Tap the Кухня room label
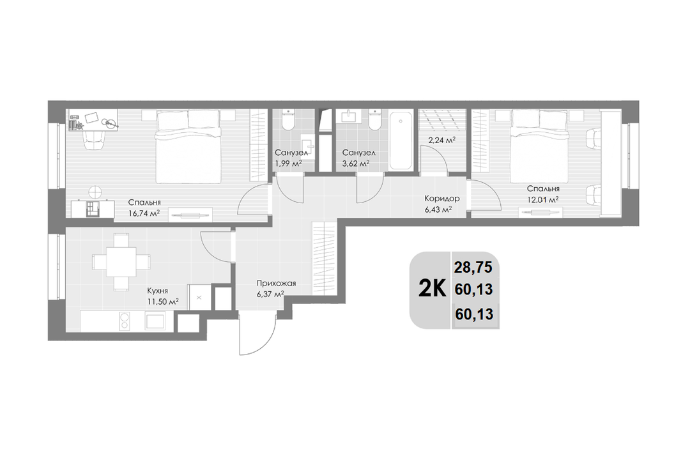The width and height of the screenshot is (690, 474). [x=158, y=291]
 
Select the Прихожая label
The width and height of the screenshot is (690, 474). [x=277, y=284]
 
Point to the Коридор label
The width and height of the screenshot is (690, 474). [x=442, y=199]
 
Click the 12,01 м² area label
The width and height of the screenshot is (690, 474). [x=543, y=199]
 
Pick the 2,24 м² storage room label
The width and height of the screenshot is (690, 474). [x=441, y=140]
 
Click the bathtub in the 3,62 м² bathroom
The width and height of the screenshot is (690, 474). [x=400, y=140]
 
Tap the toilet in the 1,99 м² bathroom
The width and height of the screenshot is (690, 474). [x=288, y=119]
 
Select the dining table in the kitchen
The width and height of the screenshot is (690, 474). [x=121, y=263]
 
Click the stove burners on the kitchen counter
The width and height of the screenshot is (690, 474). [x=125, y=321]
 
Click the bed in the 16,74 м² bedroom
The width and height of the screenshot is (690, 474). [x=188, y=146]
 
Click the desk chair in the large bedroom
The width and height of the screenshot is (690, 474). [x=95, y=139]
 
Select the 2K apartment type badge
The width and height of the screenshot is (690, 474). [x=431, y=290]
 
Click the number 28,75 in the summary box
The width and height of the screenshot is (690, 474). [x=473, y=267]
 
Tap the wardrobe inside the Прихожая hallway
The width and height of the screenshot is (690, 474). [x=324, y=259]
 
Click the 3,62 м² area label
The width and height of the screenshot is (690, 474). [x=356, y=164]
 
